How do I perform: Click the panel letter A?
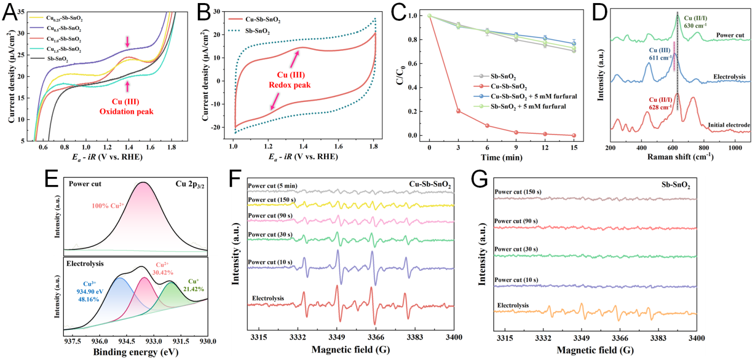click(x=10, y=11)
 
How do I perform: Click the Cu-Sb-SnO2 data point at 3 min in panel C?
click(x=458, y=111)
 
